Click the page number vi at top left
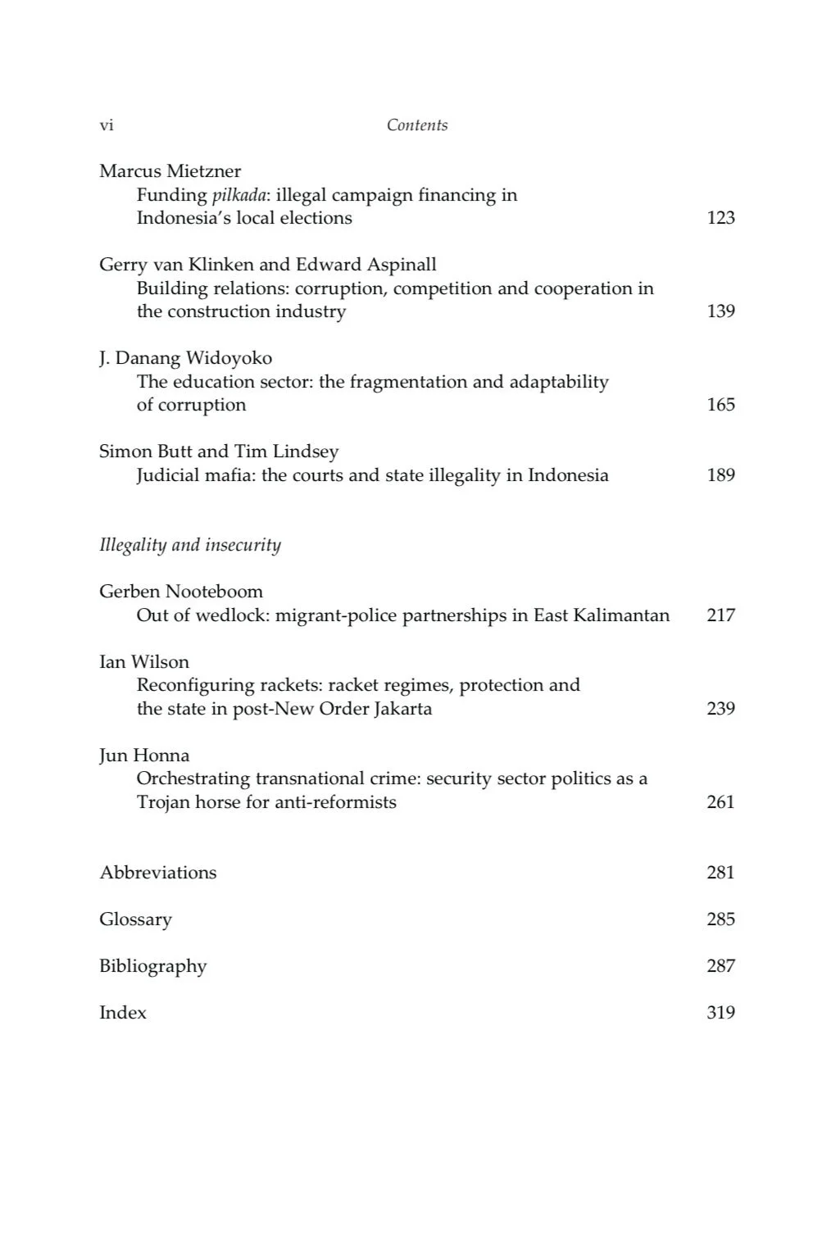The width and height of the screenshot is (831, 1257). tap(107, 125)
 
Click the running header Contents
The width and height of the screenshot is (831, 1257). tap(417, 125)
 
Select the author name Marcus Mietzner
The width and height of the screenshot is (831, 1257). tap(170, 171)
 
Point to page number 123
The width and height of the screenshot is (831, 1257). tap(720, 218)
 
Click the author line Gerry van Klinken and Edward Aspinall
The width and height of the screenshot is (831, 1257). tap(267, 265)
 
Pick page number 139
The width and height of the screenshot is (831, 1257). tap(720, 311)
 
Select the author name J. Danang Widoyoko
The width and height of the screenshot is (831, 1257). tap(185, 358)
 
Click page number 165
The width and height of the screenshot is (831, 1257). tap(720, 405)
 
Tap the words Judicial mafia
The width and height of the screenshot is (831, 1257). tap(195, 475)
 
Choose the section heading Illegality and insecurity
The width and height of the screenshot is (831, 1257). tap(190, 546)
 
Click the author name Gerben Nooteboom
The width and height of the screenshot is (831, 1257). tap(181, 592)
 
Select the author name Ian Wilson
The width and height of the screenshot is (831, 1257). tap(144, 662)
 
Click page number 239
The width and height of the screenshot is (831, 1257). tap(720, 709)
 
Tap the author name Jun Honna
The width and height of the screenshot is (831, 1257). tap(144, 756)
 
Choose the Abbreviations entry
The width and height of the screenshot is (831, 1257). tap(158, 873)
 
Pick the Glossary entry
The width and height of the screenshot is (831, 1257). tap(135, 919)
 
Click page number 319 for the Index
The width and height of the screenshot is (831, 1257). tap(720, 1013)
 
